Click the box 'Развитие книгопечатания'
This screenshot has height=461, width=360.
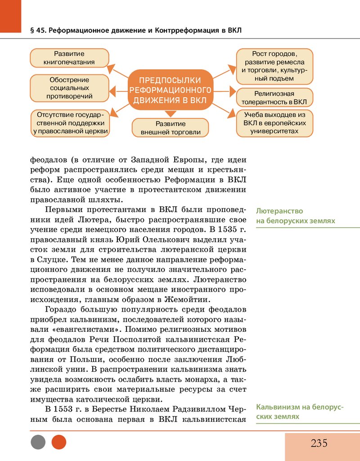coord(69,58)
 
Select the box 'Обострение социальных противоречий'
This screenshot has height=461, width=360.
coord(69,88)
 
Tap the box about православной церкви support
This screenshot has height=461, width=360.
coord(70,122)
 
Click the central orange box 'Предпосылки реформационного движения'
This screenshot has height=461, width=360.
coord(170,88)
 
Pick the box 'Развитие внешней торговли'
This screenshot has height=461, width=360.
coord(170,128)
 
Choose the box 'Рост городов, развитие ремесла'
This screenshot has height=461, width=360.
coord(274,66)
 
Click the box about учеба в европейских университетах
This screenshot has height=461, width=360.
coord(274,122)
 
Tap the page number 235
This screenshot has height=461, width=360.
coord(319,443)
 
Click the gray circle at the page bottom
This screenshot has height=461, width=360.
coord(38,442)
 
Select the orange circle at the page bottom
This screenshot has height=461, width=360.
coord(59,442)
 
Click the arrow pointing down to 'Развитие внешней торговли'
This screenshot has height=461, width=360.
coord(170,113)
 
